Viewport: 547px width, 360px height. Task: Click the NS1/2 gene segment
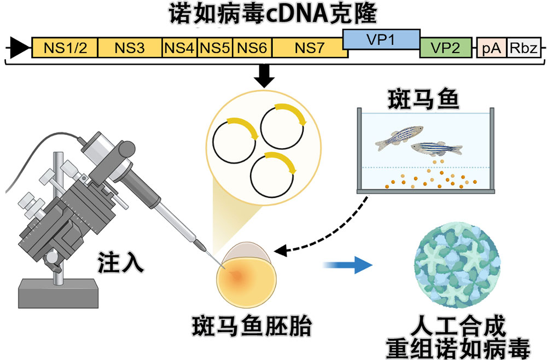tap(65, 48)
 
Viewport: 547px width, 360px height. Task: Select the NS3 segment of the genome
tap(130, 48)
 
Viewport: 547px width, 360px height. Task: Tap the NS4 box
tap(179, 48)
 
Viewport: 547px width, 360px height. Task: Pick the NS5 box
tap(215, 48)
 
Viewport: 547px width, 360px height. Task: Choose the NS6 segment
tap(252, 48)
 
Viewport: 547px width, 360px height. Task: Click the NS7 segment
tap(309, 48)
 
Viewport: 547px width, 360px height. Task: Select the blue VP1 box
tap(381, 39)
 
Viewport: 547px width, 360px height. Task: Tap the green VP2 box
tap(445, 48)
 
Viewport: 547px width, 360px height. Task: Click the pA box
tap(491, 49)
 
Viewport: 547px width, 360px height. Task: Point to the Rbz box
tap(524, 49)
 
